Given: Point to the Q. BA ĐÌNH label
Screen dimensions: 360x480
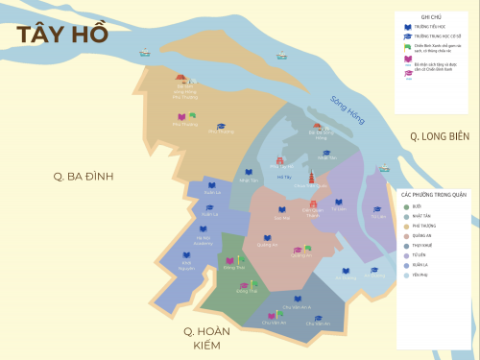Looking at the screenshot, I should pyautogui.click(x=84, y=176).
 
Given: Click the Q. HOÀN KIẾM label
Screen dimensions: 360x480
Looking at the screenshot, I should pyautogui.click(x=209, y=338).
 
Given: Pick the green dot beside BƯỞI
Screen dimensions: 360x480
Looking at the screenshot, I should pyautogui.click(x=406, y=206).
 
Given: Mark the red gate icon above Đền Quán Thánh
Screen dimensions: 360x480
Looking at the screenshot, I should pyautogui.click(x=309, y=202).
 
